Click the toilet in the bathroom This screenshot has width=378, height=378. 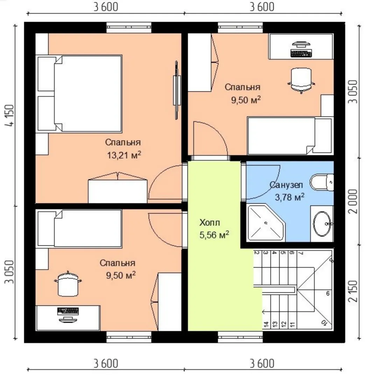tap(322, 182)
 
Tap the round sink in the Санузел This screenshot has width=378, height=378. tap(322, 224)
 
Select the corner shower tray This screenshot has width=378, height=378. tap(266, 223)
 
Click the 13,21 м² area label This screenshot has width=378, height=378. tap(124, 155)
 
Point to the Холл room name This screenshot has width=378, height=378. tap(210, 223)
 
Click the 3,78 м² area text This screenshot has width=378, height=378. tap(289, 197)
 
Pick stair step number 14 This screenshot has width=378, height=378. tap(266, 324)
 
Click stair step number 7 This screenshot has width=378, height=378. tap(301, 253)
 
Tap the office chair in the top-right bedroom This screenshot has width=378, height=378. tap(301, 80)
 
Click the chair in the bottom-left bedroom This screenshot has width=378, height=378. tap(68, 284)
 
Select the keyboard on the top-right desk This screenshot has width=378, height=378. tap(301, 53)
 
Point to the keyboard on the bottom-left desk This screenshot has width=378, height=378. tap(68, 311)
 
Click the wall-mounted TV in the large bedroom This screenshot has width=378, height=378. tap(177, 90)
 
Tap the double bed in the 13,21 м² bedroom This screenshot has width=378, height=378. tap(79, 94)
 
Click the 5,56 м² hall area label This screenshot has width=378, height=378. tap(214, 234)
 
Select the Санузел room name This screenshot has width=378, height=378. tap(286, 185)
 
